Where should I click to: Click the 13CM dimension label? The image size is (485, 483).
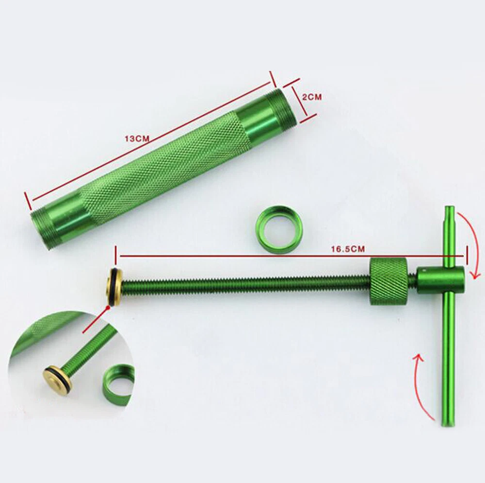[137, 138]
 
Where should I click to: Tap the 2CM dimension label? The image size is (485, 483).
[311, 97]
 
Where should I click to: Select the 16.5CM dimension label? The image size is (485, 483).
[348, 249]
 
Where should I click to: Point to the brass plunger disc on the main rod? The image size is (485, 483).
[113, 287]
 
